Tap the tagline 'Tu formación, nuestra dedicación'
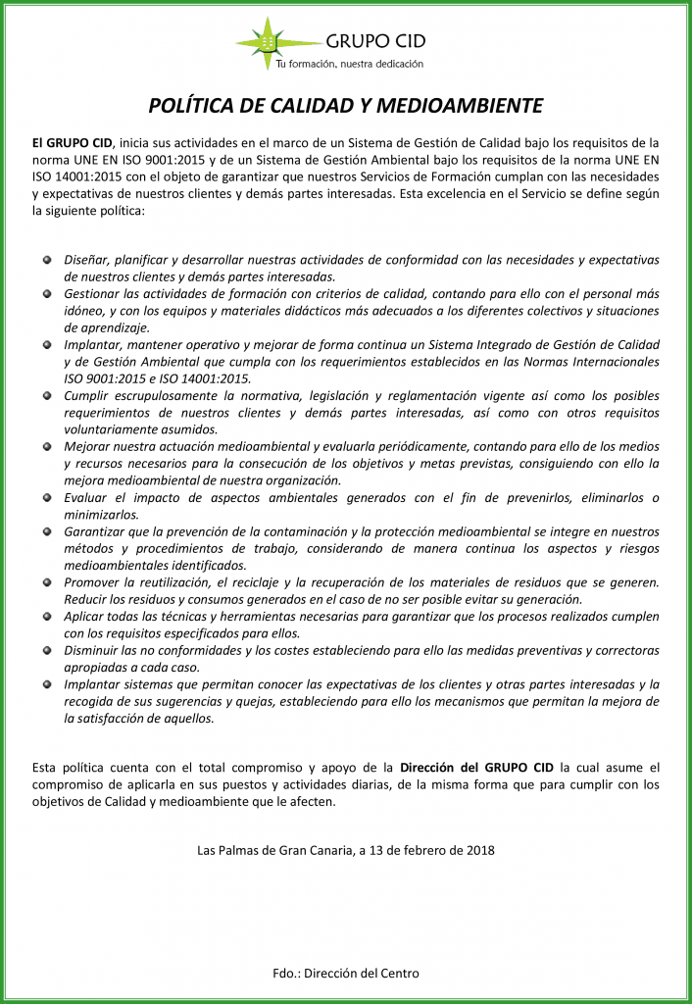[x=349, y=64]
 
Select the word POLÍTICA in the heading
[x=190, y=106]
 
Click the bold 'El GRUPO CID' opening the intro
[x=73, y=142]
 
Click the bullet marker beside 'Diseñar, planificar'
[x=47, y=260]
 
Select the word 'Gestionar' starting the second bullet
[x=94, y=294]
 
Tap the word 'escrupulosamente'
[x=170, y=396]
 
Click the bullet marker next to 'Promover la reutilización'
[x=47, y=582]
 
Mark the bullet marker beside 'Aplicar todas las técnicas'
[x=47, y=617]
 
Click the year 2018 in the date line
[x=479, y=850]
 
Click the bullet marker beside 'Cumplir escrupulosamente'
[x=47, y=396]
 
